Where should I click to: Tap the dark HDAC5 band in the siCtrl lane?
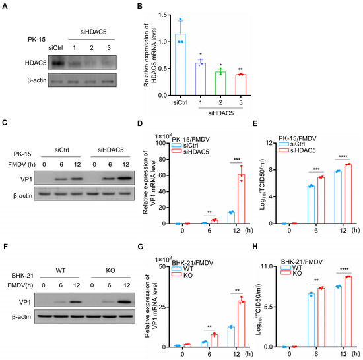point(61,63)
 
